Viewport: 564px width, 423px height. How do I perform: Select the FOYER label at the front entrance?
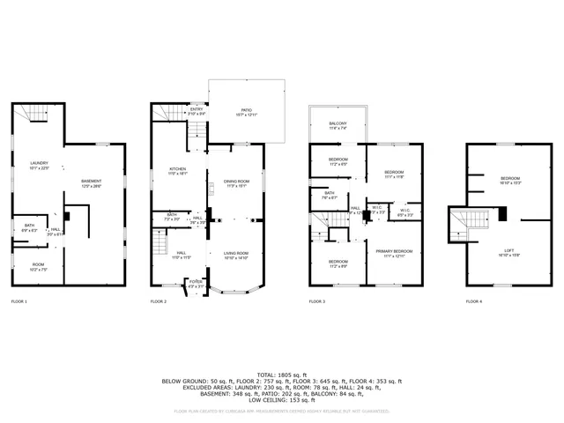(x=195, y=284)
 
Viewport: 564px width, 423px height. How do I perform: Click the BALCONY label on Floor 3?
(x=338, y=125)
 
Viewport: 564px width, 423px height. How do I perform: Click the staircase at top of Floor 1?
(x=33, y=113)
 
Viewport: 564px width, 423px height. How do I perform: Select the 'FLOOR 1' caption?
(x=19, y=302)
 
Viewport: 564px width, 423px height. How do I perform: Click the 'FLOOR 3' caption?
(x=317, y=302)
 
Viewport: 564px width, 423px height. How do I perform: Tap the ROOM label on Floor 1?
(x=39, y=268)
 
